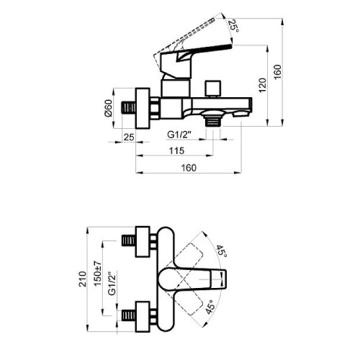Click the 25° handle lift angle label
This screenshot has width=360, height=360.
click(x=233, y=26)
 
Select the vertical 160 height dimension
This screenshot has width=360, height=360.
click(x=277, y=72)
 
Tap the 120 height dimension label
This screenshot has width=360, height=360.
click(x=262, y=85)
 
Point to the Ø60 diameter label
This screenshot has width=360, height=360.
click(x=109, y=108)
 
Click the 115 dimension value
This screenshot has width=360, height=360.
click(x=176, y=150)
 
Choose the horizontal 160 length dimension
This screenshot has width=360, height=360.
click(x=189, y=168)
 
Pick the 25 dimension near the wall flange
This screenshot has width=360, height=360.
click(x=129, y=138)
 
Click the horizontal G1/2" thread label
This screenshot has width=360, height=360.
click(x=179, y=135)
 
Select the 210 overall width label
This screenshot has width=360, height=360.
click(x=82, y=279)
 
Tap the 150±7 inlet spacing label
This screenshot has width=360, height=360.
click(x=98, y=274)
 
